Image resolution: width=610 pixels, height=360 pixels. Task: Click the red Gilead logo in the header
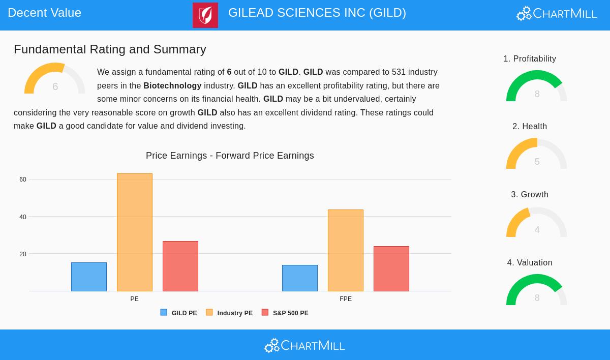(205, 15)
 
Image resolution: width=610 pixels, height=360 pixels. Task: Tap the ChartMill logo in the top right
(557, 14)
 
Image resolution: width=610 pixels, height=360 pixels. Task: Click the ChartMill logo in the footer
(304, 346)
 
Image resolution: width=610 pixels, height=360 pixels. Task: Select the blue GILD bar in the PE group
(89, 277)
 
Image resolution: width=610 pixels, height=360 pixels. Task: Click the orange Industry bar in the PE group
(135, 232)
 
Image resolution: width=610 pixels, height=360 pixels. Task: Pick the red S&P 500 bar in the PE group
(180, 266)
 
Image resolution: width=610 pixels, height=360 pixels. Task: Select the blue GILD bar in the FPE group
(300, 278)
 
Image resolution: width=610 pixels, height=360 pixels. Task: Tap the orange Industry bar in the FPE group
(346, 250)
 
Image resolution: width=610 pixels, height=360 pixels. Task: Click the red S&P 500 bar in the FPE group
(391, 268)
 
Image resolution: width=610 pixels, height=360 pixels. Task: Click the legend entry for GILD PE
(179, 313)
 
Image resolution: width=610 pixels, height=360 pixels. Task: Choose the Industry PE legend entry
(229, 313)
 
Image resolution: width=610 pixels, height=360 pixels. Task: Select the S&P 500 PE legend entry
(285, 313)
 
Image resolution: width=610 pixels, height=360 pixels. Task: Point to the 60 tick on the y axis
(23, 179)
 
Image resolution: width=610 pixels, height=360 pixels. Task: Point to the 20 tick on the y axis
(23, 254)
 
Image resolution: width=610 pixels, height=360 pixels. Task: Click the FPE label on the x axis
(346, 299)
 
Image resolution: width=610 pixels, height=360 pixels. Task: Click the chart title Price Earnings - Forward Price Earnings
(230, 156)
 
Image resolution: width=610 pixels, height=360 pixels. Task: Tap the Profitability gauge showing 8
(536, 87)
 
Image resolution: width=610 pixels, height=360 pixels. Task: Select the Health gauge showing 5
(536, 155)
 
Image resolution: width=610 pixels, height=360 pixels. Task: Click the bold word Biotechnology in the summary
(172, 86)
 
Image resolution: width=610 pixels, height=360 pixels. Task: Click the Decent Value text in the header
(45, 13)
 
